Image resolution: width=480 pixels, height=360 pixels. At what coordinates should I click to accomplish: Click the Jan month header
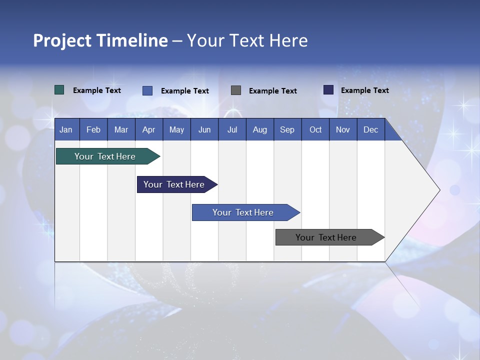pos(66,129)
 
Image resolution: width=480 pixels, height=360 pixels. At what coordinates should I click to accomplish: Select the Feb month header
pos(93,129)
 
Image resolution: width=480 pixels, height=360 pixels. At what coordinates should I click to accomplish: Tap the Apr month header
pos(149,129)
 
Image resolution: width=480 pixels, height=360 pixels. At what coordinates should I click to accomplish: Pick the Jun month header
pos(204,129)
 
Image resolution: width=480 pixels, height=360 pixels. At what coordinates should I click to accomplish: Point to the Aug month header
pos(260,129)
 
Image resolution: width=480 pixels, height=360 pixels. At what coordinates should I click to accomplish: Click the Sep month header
pos(287,129)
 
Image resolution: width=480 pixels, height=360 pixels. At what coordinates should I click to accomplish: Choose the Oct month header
pos(315,129)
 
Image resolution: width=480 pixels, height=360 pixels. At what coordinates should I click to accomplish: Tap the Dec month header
pos(371,129)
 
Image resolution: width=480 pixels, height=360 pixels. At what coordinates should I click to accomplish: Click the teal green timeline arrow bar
pos(105,156)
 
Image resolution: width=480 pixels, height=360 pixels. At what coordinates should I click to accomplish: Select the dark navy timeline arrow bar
pos(174,184)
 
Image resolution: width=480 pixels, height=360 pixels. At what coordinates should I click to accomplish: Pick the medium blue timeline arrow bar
pos(243,212)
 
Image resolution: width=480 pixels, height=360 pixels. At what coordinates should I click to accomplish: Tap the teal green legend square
pos(59,90)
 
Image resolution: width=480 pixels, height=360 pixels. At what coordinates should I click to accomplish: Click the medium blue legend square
pos(147,90)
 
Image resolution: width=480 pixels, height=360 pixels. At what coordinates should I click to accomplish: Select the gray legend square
pos(236,90)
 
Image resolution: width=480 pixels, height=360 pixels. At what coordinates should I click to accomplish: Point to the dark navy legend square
pos(328,90)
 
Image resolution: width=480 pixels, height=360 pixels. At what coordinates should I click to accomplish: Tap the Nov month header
pos(343,129)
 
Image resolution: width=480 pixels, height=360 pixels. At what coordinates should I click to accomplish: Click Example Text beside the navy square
pos(365,90)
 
